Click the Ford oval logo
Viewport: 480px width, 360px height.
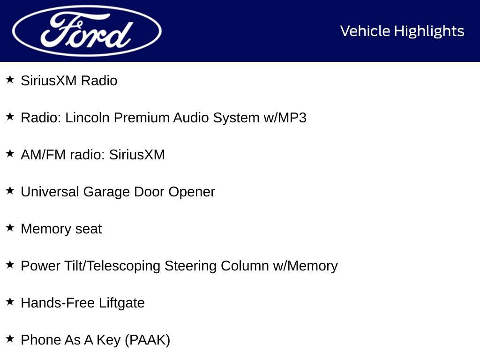[87, 31]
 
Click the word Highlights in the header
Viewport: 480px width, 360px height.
[429, 31]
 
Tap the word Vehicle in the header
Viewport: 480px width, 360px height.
[365, 31]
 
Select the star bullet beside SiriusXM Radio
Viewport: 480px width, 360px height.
[10, 79]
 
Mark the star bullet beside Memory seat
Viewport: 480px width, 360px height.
[10, 227]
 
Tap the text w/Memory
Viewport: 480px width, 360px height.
[305, 266]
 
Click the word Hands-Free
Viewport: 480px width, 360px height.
[58, 303]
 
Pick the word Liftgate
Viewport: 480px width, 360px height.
[121, 303]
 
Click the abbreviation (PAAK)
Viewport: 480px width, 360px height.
[147, 340]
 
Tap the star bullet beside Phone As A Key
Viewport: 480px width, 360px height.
[10, 338]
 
